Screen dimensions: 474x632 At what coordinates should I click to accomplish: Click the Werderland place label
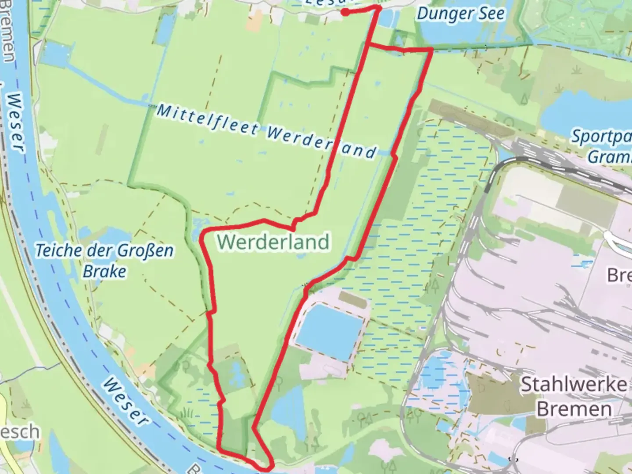tap(273, 242)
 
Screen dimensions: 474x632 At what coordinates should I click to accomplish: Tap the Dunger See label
tap(460, 14)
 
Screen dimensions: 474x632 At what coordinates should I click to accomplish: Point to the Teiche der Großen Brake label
tap(104, 261)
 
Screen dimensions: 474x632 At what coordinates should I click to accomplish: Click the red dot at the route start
tap(345, 12)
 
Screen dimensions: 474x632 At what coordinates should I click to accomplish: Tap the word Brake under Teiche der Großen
tap(104, 271)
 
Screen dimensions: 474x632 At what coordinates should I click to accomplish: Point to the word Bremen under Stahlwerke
tap(574, 409)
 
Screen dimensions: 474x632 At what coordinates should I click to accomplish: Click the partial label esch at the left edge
tap(20, 432)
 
